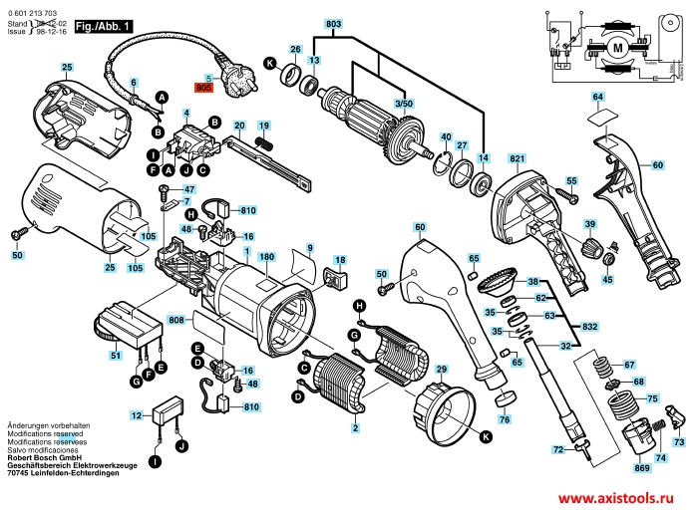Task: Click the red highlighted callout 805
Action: [x=205, y=88]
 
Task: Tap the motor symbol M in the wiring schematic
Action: [x=618, y=48]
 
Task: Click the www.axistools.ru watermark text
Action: [x=619, y=498]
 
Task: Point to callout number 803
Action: [x=333, y=23]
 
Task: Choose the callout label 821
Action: [x=516, y=158]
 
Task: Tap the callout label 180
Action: [x=267, y=258]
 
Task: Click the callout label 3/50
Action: [x=404, y=104]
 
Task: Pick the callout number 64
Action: [x=597, y=97]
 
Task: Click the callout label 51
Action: [x=116, y=356]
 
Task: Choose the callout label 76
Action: [x=504, y=420]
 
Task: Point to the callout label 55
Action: [x=572, y=180]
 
